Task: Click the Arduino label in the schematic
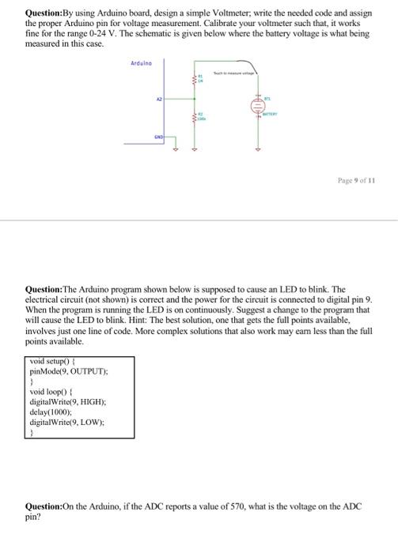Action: point(142,63)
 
